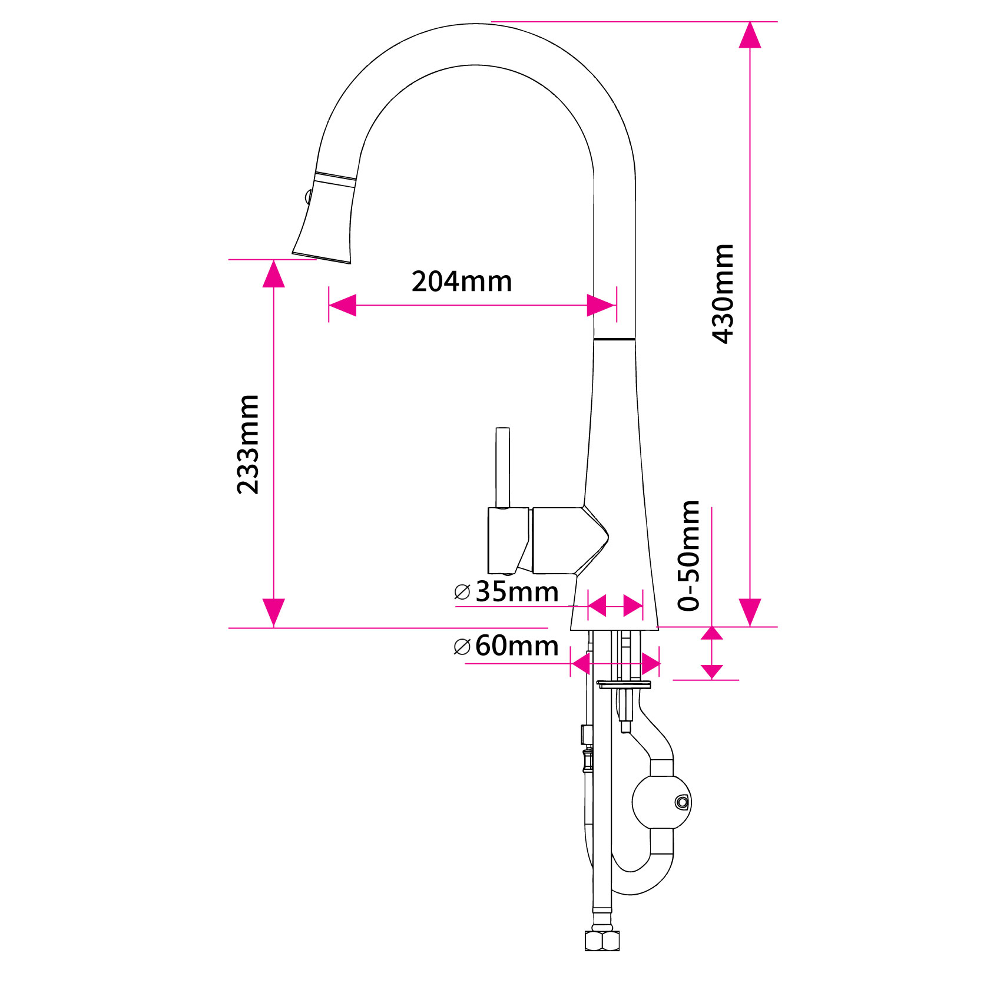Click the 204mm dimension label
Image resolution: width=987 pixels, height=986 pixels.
click(462, 282)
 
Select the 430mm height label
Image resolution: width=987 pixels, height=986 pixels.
click(723, 293)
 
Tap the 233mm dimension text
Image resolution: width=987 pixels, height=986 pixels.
click(248, 444)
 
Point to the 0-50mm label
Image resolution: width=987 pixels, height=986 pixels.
click(688, 555)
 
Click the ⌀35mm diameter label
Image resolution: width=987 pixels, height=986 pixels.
click(506, 591)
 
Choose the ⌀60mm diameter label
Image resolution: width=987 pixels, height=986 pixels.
click(506, 646)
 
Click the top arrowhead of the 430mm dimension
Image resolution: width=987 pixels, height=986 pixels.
click(750, 35)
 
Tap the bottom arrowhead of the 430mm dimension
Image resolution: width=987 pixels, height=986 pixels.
click(750, 613)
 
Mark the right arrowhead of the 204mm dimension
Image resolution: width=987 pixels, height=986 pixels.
click(602, 305)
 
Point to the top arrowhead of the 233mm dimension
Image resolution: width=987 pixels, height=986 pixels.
click(274, 274)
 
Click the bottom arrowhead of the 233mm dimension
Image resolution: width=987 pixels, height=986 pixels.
click(274, 613)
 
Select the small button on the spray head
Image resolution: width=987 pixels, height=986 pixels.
click(307, 196)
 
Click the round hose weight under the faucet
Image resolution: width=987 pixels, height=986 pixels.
click(661, 802)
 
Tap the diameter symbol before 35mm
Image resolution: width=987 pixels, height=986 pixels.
click(462, 592)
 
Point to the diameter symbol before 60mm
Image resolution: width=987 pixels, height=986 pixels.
click(462, 647)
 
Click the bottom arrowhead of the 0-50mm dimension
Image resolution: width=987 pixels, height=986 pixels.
click(712, 671)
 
